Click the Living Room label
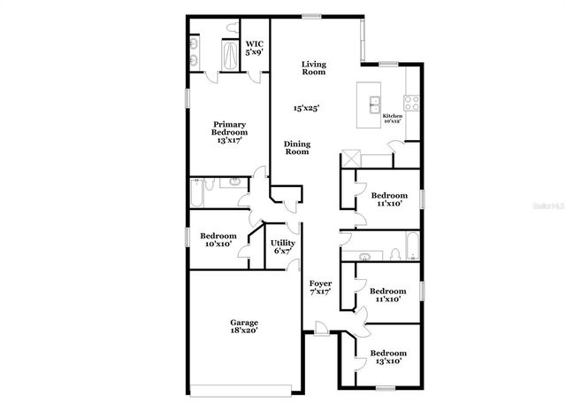click(313, 68)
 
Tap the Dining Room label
click(296, 148)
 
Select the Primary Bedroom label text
click(228, 132)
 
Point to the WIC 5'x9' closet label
click(255, 48)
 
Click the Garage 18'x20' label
click(244, 327)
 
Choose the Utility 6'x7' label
click(283, 247)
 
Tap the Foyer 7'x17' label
click(320, 288)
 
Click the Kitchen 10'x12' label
click(393, 118)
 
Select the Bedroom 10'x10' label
click(218, 239)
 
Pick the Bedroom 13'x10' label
click(389, 357)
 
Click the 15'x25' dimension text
click(307, 108)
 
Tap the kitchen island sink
click(371, 99)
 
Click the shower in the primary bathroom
click(229, 58)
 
